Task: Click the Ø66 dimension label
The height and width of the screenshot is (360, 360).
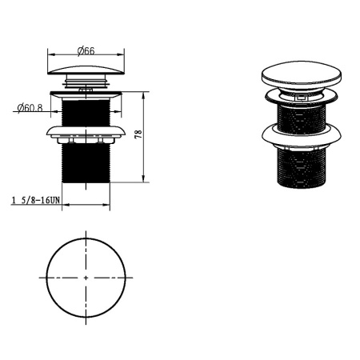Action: tap(86, 50)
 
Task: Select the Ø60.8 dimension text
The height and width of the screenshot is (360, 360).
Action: tap(30, 108)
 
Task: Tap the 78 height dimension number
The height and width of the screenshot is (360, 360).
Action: tap(138, 134)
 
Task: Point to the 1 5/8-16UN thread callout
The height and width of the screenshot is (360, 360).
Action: tap(36, 200)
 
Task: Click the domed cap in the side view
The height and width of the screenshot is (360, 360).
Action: tap(86, 70)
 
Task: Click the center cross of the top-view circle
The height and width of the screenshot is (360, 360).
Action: tap(86, 278)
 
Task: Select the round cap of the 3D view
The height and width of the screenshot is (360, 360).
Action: tap(302, 73)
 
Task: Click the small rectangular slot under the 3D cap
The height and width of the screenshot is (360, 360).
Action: tap(301, 98)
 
